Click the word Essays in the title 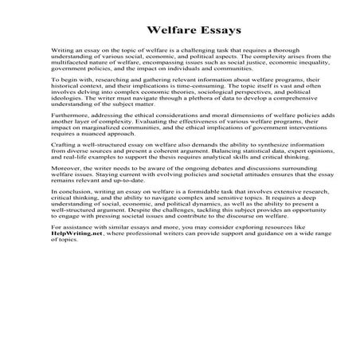[209, 42]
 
